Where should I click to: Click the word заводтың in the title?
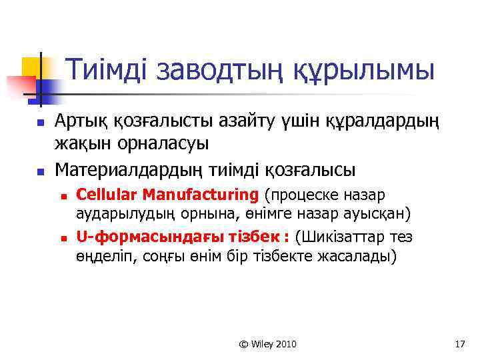point(225,70)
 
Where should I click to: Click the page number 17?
point(459,344)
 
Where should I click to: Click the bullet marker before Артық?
point(39,123)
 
